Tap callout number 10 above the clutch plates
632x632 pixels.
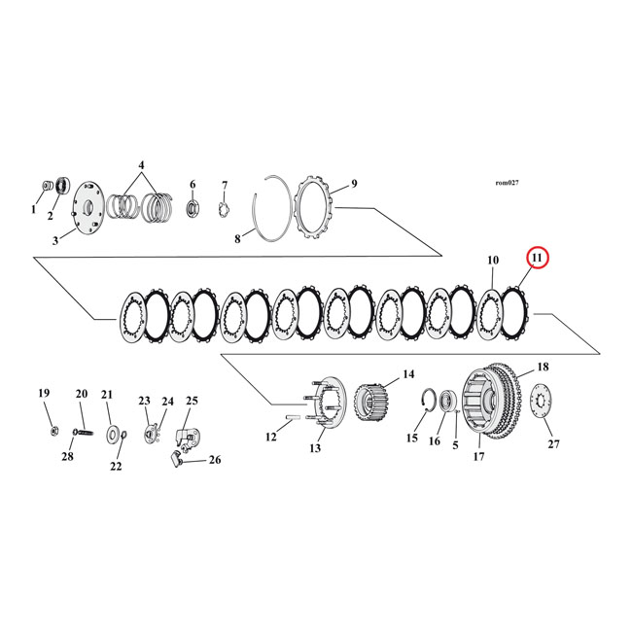493,261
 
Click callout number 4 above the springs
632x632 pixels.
142,166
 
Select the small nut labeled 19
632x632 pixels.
52,430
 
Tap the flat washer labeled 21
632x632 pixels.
113,432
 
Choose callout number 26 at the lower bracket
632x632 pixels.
215,460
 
